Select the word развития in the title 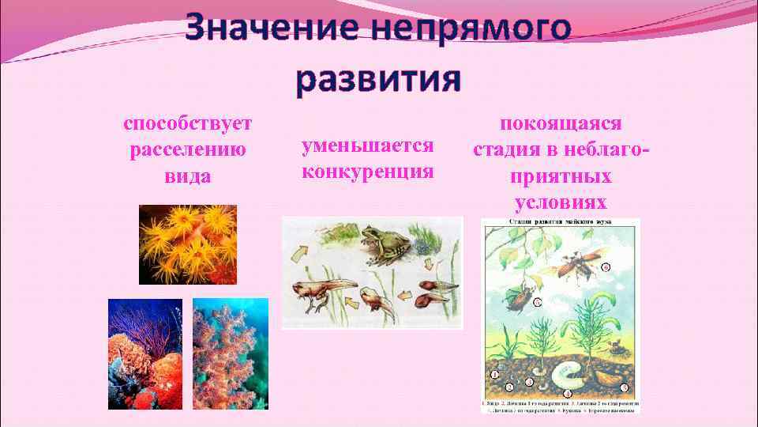point(378,80)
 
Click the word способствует point(188,124)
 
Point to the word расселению point(188,149)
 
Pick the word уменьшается point(368,145)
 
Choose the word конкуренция point(368,171)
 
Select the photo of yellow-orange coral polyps point(188,244)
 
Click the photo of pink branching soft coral point(230,353)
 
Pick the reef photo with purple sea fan point(144,353)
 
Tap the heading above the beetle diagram point(561,223)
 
